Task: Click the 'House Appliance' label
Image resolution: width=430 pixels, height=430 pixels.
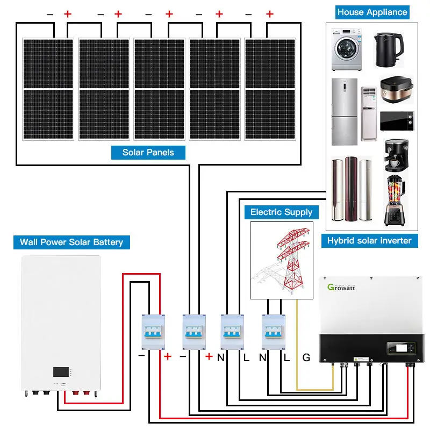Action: pyautogui.click(x=372, y=12)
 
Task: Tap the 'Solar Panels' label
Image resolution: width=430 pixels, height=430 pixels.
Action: pyautogui.click(x=148, y=152)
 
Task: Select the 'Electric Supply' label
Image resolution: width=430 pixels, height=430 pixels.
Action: pyautogui.click(x=281, y=212)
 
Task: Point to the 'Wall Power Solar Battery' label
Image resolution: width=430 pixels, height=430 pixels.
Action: pyautogui.click(x=71, y=242)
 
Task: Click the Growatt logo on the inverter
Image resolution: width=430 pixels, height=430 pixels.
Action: pyautogui.click(x=344, y=286)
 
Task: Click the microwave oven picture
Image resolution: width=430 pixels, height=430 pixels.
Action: pyautogui.click(x=397, y=121)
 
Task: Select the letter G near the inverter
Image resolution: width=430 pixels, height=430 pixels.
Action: pyautogui.click(x=306, y=357)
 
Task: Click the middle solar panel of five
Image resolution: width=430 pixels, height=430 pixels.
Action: pyautogui.click(x=160, y=89)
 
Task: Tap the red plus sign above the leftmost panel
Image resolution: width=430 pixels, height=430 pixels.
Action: pyautogui.click(x=68, y=15)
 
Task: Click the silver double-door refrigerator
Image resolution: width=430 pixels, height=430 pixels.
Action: pyautogui.click(x=344, y=112)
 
